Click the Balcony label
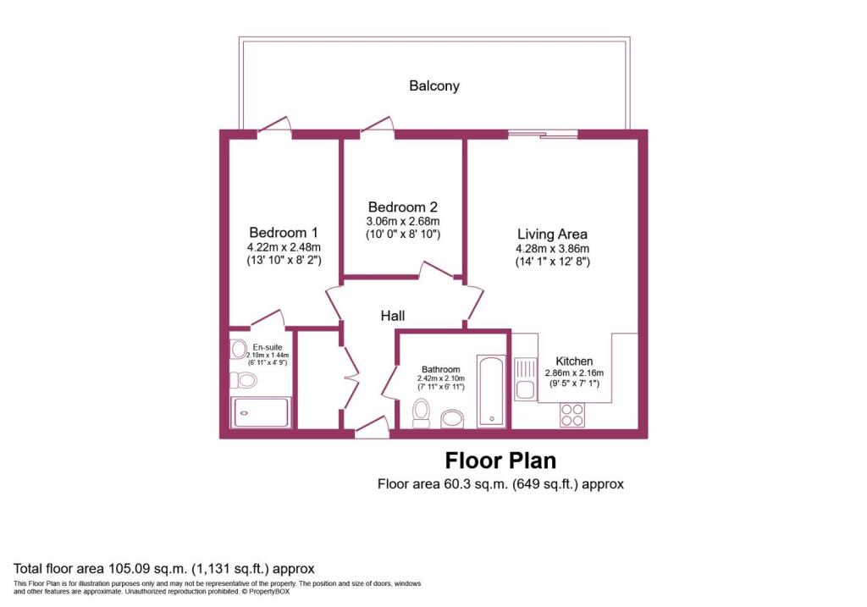coord(434,86)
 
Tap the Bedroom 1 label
coord(283,233)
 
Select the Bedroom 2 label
coord(402,207)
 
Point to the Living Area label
coord(552,234)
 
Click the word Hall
coord(392,316)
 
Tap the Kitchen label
coord(574,361)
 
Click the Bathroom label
coord(441,370)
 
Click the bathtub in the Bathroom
coord(491,390)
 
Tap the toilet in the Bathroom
coord(421,413)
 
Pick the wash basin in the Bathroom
coord(453,418)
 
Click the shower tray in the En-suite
coord(261,412)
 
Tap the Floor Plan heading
coord(500,461)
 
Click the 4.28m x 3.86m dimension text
coord(552,249)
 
